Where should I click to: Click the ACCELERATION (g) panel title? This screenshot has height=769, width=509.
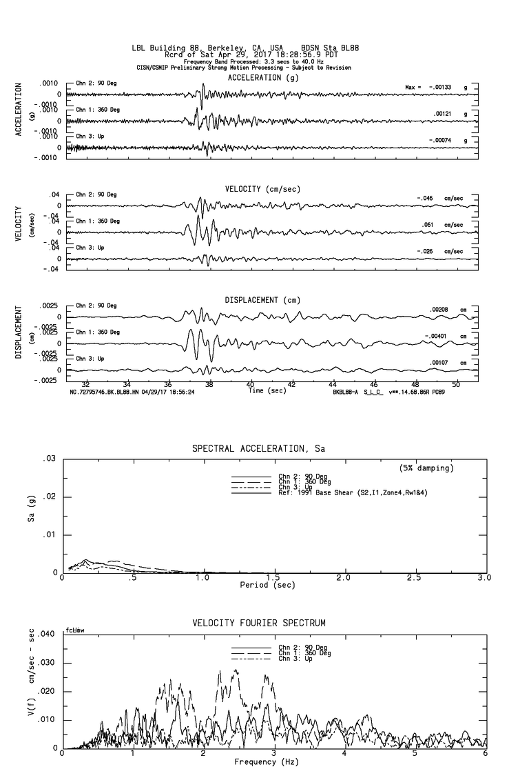click(x=264, y=78)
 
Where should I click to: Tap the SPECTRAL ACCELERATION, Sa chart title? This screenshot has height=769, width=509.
click(x=258, y=449)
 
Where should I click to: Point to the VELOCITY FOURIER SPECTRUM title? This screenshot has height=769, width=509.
click(x=258, y=623)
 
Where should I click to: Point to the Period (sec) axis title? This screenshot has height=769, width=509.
click(x=268, y=585)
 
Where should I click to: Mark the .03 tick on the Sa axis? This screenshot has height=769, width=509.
click(x=48, y=459)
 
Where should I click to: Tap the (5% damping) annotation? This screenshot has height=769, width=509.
click(x=426, y=468)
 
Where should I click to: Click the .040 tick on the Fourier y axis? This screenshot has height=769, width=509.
click(x=45, y=634)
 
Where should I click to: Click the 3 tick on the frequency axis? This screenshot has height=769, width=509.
click(x=274, y=754)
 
